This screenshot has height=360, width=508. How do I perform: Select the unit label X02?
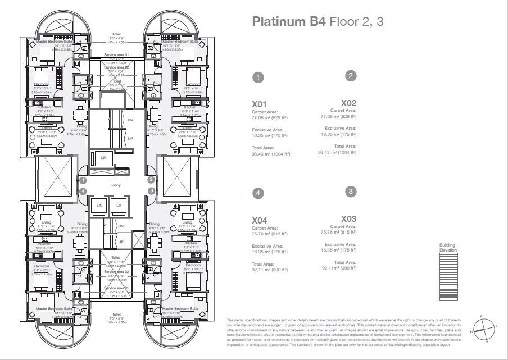(348, 103)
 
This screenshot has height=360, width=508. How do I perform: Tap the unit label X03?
(348, 218)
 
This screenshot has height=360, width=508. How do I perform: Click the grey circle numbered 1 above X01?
(257, 78)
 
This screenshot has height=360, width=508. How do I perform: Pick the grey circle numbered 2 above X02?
(351, 76)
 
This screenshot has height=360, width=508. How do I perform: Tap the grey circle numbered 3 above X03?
(351, 192)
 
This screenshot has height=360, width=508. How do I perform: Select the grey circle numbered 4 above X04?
(257, 193)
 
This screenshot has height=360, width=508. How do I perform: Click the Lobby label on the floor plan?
(116, 184)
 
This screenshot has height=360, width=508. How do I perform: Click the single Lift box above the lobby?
(103, 158)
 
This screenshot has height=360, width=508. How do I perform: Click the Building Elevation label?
(448, 248)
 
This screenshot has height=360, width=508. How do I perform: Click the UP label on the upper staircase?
(130, 138)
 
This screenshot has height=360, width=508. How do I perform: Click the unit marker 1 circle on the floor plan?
(83, 180)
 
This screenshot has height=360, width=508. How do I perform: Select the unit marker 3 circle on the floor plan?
(151, 191)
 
